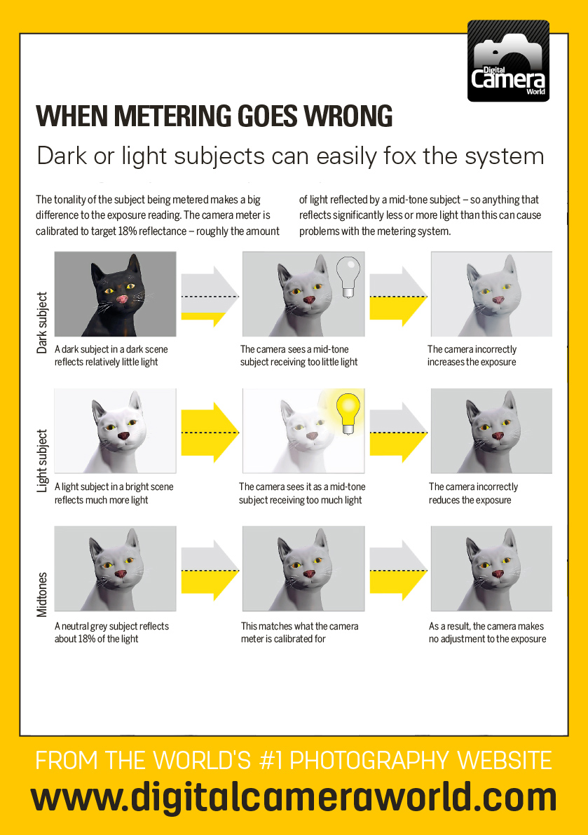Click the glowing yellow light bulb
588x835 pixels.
click(348, 409)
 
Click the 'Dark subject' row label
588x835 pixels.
click(42, 322)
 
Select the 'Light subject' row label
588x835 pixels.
click(42, 460)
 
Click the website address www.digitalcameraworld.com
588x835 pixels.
click(294, 798)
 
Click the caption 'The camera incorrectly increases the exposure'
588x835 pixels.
click(472, 355)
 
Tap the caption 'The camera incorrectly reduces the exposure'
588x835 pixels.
click(473, 493)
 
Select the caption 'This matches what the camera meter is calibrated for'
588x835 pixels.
click(299, 632)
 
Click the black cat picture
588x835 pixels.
click(115, 294)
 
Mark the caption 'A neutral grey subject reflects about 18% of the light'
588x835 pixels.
click(111, 632)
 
